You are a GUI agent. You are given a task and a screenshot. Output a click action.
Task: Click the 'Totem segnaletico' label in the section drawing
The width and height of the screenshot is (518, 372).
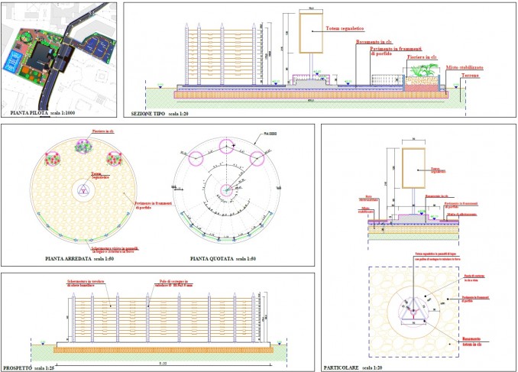[x=343, y=29]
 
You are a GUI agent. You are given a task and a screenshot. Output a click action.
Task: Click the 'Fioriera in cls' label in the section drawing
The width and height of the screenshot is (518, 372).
[x=422, y=57]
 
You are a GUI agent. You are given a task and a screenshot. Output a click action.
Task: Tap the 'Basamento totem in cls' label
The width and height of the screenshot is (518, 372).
[x=477, y=341]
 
